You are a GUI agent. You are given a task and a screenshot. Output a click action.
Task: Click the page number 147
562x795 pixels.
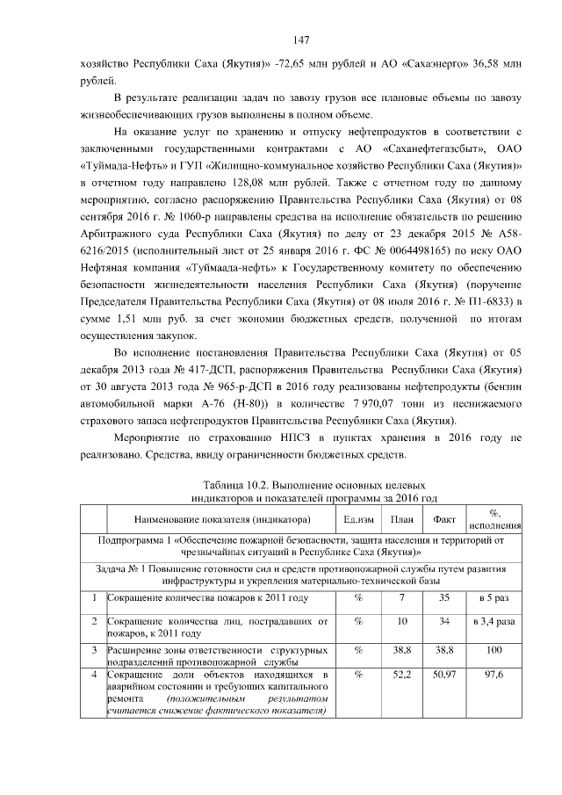(x=302, y=40)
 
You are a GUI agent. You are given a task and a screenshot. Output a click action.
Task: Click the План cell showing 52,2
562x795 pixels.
(x=401, y=675)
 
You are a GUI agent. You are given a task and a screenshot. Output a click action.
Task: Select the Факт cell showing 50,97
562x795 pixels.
(x=444, y=675)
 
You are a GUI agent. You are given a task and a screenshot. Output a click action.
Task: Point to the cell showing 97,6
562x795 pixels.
(x=494, y=675)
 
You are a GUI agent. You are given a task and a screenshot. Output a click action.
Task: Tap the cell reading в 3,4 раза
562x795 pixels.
(x=494, y=622)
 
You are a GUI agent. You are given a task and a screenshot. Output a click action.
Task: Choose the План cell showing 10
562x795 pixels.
(x=401, y=622)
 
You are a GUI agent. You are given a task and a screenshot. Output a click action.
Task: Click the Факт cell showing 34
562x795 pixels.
(x=444, y=622)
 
